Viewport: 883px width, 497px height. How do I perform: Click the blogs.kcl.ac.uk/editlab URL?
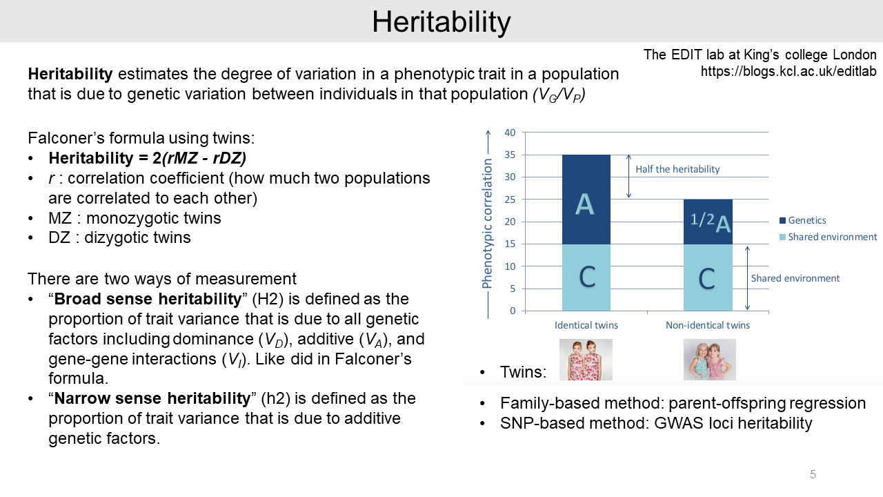788,71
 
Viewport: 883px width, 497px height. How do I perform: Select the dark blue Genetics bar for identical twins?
586,199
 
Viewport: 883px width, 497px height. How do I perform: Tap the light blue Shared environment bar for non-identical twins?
708,277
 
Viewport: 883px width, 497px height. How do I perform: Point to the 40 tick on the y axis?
510,133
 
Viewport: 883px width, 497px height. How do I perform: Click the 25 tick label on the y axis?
510,199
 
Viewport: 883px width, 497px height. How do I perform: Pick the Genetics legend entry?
802,220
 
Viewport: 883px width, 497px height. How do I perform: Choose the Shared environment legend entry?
829,237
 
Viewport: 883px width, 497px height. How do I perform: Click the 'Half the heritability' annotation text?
677,169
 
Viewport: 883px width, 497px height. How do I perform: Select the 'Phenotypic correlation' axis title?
487,223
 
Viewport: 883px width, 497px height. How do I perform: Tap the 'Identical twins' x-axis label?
586,325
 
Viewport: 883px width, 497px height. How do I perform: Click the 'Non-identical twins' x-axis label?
708,325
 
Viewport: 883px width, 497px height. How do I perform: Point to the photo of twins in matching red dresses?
586,360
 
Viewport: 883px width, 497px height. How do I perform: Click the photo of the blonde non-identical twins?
710,360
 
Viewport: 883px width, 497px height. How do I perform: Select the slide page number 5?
813,474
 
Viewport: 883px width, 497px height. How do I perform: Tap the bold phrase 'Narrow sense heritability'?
152,398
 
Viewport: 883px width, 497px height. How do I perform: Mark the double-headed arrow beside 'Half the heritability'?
628,176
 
